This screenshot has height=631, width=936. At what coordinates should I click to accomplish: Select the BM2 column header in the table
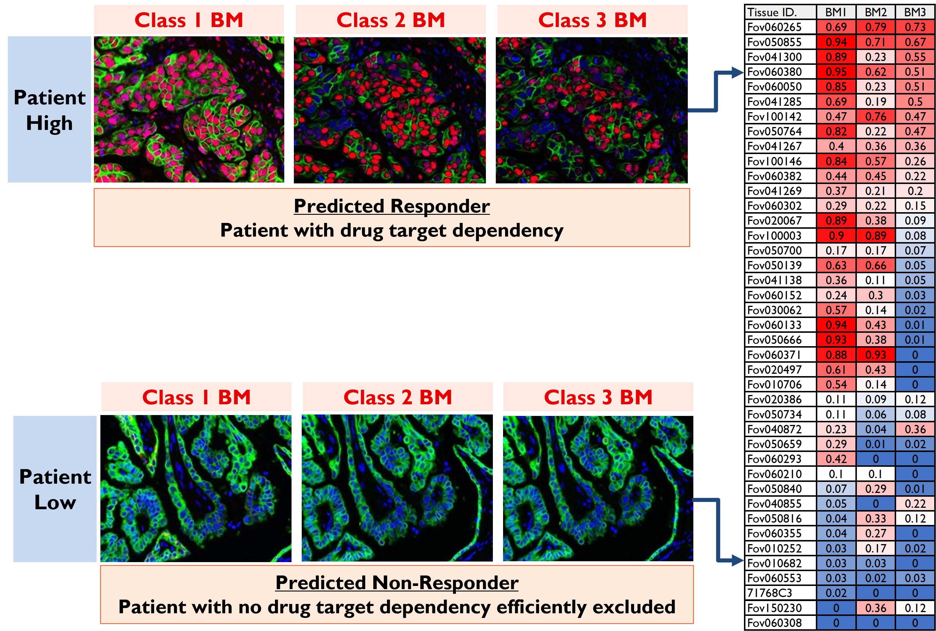pos(875,12)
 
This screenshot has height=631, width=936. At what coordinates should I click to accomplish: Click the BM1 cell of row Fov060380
pos(836,71)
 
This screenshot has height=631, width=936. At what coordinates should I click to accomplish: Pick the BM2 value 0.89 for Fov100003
pos(875,235)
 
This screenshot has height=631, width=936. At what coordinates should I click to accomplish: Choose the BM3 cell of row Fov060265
pos(915,27)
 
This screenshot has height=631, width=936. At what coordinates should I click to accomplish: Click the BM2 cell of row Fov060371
pos(875,355)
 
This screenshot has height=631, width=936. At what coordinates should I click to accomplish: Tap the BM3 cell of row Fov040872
pos(915,429)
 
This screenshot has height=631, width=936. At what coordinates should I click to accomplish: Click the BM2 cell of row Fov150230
pos(875,608)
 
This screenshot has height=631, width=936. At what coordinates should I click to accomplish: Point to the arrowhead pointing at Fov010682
pos(738,560)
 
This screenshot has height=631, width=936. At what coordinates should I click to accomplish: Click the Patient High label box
pos(49,110)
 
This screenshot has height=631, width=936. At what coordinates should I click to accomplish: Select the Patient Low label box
pos(55,489)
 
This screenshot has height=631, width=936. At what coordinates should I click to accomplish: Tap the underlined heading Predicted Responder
pos(392,206)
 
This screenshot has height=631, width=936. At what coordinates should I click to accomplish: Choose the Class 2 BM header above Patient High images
pos(391,20)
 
